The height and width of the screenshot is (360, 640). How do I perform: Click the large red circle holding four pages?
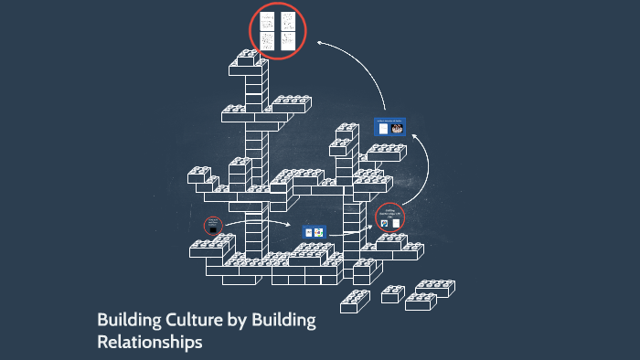[278, 32]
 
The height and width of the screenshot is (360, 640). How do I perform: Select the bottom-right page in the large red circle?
[288, 41]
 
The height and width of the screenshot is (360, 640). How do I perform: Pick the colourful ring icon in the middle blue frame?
[319, 233]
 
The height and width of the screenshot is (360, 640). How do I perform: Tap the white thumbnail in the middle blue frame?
[309, 233]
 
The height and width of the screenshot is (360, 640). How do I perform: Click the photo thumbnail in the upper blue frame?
[398, 129]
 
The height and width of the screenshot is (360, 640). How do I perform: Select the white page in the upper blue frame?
[382, 129]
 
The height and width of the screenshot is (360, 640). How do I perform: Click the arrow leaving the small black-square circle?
[261, 221]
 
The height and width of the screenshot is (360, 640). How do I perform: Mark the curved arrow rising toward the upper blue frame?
[422, 160]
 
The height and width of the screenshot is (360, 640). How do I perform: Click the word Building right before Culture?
[126, 321]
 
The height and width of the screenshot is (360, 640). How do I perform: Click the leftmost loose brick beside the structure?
[355, 299]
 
